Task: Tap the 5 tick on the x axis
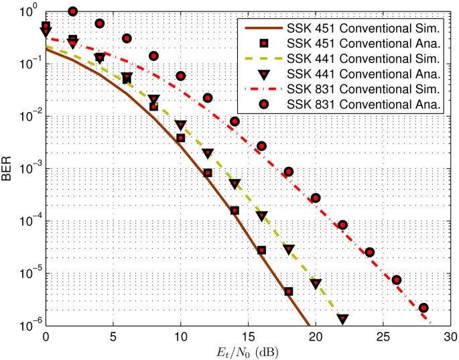[x=113, y=336]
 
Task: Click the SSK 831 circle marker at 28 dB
[x=423, y=308]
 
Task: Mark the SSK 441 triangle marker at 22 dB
[x=342, y=319]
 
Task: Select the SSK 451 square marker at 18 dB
[x=288, y=292]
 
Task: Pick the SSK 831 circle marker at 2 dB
[x=73, y=11]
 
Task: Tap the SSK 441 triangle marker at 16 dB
[x=261, y=217]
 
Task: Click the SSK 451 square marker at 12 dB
[x=208, y=173]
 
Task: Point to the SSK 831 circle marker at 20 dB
[x=316, y=198]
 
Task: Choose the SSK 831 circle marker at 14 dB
[x=235, y=121]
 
